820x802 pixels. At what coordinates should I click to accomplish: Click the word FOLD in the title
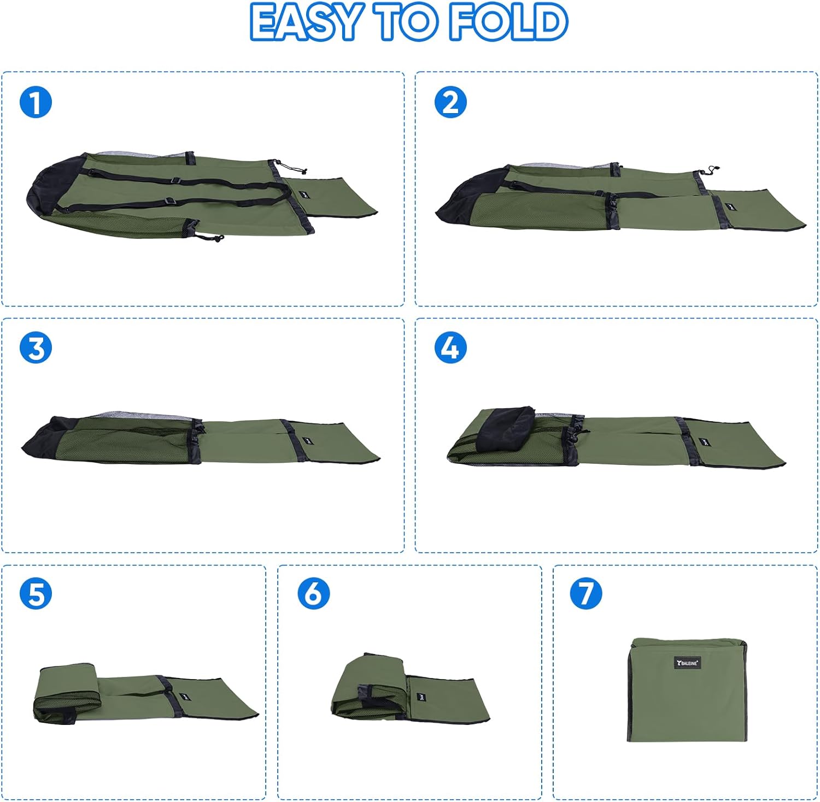point(508,22)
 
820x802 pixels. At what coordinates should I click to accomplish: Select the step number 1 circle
point(36,102)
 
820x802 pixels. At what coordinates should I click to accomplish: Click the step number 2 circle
point(450,102)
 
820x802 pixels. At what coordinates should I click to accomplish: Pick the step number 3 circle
point(36,348)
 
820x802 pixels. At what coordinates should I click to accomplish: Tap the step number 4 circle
point(450,348)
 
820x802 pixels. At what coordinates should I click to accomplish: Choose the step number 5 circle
point(36,594)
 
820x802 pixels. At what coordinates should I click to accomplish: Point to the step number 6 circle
point(313,594)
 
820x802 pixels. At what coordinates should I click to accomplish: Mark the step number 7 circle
point(585,594)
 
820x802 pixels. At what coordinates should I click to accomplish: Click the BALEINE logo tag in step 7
point(687,663)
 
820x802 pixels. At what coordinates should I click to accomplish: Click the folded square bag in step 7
point(687,689)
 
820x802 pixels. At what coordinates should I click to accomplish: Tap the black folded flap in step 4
point(506,428)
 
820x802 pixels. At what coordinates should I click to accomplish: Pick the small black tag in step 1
point(304,194)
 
